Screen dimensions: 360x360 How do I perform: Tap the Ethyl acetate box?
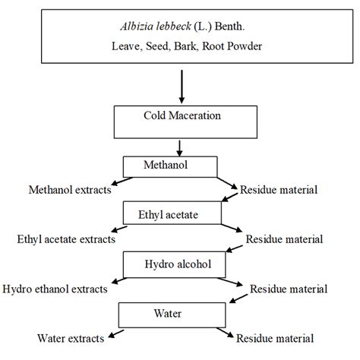tap(172, 215)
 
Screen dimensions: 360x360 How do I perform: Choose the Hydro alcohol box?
tap(172, 264)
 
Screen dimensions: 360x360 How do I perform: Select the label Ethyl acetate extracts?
tap(66, 238)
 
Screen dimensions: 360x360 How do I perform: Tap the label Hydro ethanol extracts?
tap(55, 289)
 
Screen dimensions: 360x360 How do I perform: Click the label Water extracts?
tap(71, 337)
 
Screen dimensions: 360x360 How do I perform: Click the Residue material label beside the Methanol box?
tap(279, 189)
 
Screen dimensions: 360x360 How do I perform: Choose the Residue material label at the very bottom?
tap(275, 337)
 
